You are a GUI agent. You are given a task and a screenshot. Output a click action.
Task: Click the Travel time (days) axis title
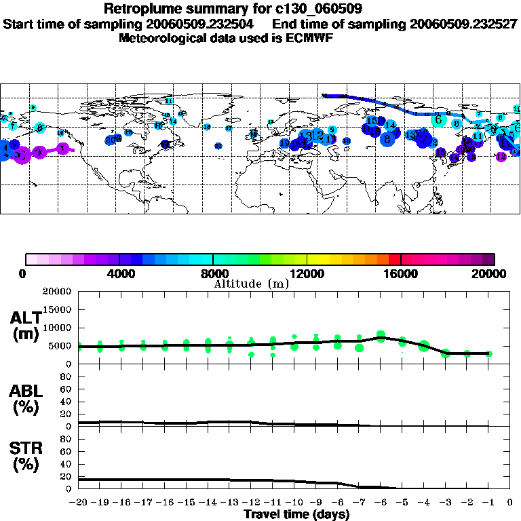[296, 515]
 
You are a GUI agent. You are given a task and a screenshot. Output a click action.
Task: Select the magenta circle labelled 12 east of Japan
[501, 157]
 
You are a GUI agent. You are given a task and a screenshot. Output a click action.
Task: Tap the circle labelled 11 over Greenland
[170, 101]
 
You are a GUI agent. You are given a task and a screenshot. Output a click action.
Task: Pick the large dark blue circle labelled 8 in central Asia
[387, 139]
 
